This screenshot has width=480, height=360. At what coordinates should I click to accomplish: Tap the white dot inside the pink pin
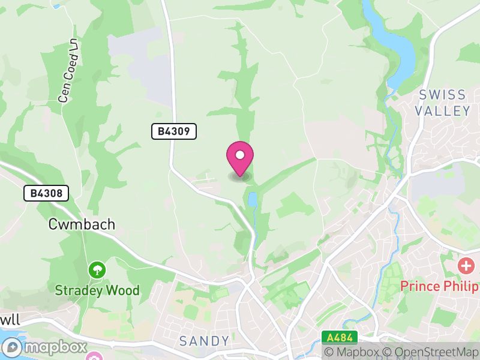click(240, 155)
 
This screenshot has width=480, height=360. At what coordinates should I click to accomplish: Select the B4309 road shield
click(174, 131)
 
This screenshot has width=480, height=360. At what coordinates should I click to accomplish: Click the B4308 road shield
click(46, 193)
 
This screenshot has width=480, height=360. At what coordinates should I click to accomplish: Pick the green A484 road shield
click(339, 337)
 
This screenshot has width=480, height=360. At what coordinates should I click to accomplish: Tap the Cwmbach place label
click(82, 224)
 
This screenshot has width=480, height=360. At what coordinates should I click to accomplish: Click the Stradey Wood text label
click(97, 291)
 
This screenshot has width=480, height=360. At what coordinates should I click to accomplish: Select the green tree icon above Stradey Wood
click(97, 270)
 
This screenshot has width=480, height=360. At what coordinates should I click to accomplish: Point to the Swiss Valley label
click(443, 103)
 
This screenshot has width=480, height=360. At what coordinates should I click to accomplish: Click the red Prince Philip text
click(437, 286)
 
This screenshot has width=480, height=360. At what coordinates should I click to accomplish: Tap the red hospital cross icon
click(466, 265)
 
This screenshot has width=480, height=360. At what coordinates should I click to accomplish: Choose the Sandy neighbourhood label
click(205, 341)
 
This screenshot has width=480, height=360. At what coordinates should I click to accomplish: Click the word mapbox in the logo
click(56, 347)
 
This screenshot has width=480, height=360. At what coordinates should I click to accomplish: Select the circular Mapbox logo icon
click(13, 347)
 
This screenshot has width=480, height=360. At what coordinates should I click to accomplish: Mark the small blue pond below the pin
click(253, 200)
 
